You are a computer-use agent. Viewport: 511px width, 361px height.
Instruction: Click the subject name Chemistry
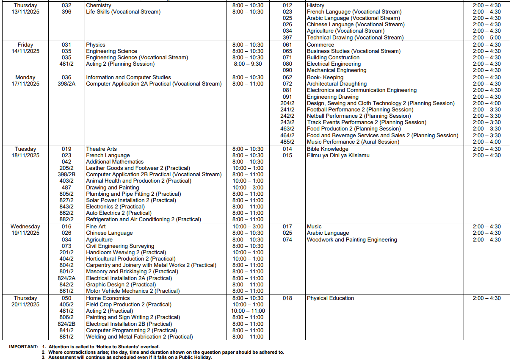pos(99,6)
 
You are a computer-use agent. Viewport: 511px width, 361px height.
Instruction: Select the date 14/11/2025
pos(25,51)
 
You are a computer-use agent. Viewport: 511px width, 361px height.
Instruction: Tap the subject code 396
pos(66,12)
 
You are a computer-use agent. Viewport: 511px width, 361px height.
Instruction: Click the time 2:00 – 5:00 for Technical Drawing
pos(486,38)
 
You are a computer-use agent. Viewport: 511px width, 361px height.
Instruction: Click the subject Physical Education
pos(330,298)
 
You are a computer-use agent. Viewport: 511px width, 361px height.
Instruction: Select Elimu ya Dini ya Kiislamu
pos(338,156)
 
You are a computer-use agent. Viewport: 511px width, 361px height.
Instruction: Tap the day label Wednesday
pos(25,227)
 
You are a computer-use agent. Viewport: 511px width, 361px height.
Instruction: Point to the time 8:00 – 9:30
pos(248,64)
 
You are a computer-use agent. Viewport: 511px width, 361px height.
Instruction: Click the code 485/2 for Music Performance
pos(287,142)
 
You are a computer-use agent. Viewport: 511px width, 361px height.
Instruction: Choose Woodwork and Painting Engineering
pos(352,240)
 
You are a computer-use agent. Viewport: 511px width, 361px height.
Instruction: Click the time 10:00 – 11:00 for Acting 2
pos(248,311)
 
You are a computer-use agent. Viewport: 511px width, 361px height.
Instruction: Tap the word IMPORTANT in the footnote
pos(23,347)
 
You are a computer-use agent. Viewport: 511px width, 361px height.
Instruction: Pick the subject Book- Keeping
pos(325,78)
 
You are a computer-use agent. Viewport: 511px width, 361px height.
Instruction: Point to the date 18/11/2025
pos(25,156)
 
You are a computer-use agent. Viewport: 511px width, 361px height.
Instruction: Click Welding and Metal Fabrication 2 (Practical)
pos(139,337)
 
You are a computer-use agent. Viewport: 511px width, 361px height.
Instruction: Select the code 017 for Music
pos(287,227)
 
